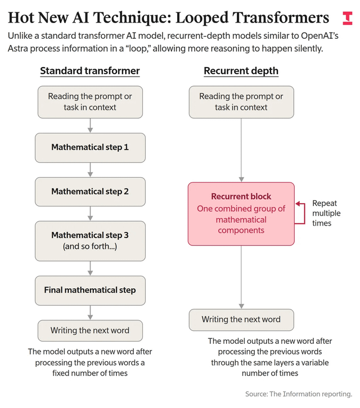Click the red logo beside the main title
pyautogui.click(x=348, y=18)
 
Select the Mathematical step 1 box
pyautogui.click(x=90, y=148)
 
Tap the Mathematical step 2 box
pyautogui.click(x=90, y=192)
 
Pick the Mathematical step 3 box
pyautogui.click(x=90, y=241)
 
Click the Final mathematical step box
pyautogui.click(x=90, y=290)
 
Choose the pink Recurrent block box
pyautogui.click(x=241, y=214)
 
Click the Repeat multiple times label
pyautogui.click(x=326, y=213)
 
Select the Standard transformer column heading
pyautogui.click(x=90, y=71)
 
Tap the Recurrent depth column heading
pyautogui.click(x=241, y=71)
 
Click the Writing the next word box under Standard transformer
pyautogui.click(x=90, y=331)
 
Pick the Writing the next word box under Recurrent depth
pyautogui.click(x=241, y=320)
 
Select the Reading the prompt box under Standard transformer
pyautogui.click(x=90, y=102)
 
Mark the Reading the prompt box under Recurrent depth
pyautogui.click(x=241, y=102)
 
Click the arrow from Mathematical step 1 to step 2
pyautogui.click(x=90, y=170)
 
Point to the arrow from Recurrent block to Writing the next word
pyautogui.click(x=241, y=277)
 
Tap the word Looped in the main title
pyautogui.click(x=202, y=18)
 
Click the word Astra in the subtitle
pyautogui.click(x=17, y=48)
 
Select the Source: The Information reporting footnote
pyautogui.click(x=299, y=394)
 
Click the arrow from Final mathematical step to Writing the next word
pyautogui.click(x=90, y=312)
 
